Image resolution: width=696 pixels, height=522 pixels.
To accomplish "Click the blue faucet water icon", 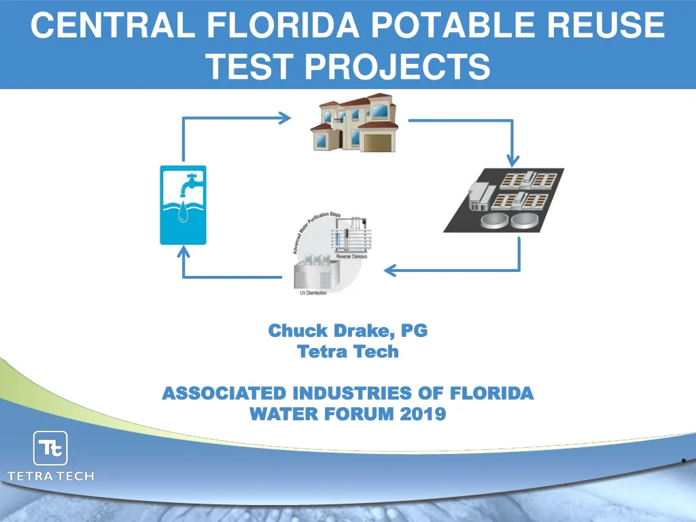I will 182,205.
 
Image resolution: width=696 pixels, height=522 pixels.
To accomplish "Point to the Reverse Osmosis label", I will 351,256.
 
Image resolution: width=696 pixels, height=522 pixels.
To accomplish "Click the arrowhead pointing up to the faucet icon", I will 183,252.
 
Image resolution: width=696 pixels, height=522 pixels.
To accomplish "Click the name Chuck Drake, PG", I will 348,331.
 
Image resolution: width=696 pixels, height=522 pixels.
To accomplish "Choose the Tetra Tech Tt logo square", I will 50,449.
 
